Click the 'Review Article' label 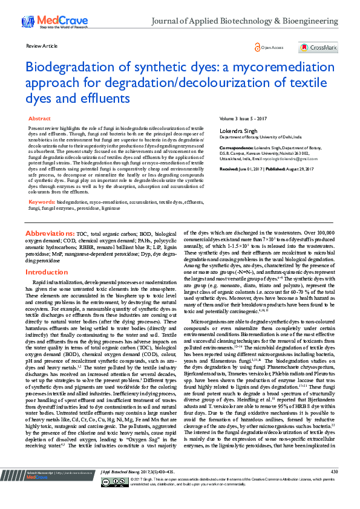(x=42, y=46)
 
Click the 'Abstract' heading (x=40, y=119)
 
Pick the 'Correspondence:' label (x=236, y=147)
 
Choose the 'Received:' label (x=231, y=169)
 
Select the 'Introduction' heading (x=47, y=273)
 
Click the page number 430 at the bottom (x=334, y=488)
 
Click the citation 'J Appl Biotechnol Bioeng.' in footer (x=122, y=488)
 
